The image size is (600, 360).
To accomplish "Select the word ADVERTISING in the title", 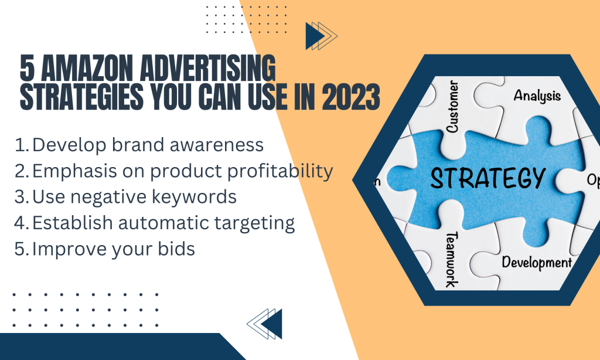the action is click(x=208, y=68).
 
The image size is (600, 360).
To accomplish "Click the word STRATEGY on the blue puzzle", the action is click(x=488, y=178).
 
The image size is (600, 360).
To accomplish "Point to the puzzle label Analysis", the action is click(x=537, y=96).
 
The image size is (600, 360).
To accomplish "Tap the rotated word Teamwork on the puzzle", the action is click(x=452, y=259).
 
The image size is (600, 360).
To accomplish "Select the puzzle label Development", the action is click(x=537, y=263).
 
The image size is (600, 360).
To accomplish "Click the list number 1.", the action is click(x=22, y=145).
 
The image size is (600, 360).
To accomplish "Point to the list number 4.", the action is click(x=22, y=223).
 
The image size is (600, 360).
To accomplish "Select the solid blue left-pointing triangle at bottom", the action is click(x=273, y=324).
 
